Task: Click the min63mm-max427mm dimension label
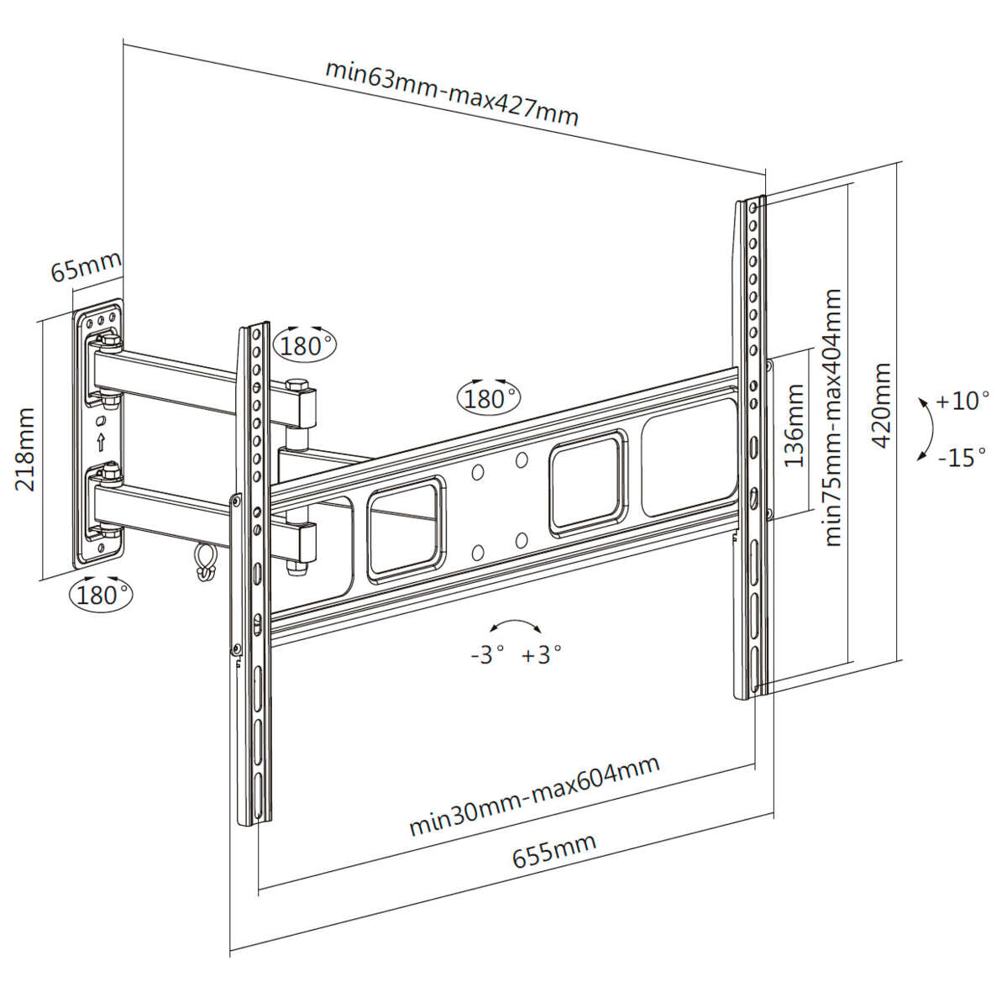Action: point(452,92)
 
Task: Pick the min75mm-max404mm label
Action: point(831,417)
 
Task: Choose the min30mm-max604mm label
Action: point(534,795)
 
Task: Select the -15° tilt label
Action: point(962,458)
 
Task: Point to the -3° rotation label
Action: point(487,654)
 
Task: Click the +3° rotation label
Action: point(541,654)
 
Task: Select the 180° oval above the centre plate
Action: point(488,397)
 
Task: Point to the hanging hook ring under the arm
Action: point(204,561)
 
